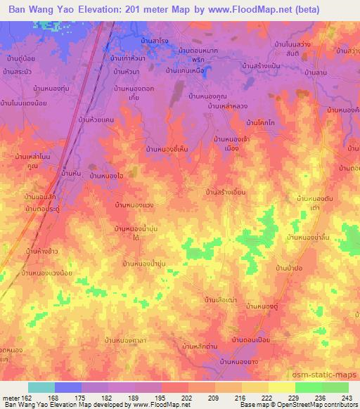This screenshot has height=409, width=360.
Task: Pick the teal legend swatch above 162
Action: click(x=41, y=387)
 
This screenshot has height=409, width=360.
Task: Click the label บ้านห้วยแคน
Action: click(x=97, y=120)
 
